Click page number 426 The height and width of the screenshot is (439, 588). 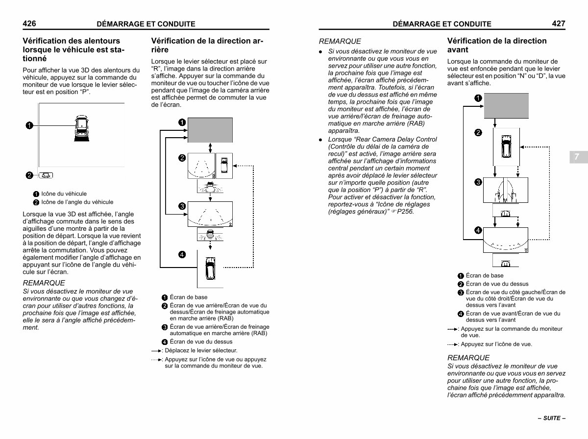click(x=29, y=23)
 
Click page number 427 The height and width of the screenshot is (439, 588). click(x=558, y=23)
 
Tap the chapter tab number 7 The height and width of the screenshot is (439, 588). click(x=577, y=157)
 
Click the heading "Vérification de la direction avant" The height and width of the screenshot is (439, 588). click(x=497, y=45)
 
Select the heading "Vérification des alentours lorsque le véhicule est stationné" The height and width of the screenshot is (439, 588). click(x=73, y=49)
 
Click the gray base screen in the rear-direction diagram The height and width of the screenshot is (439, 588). click(x=210, y=130)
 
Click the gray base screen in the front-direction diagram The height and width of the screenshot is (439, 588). click(x=506, y=106)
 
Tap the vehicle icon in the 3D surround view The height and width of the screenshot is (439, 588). click(x=81, y=127)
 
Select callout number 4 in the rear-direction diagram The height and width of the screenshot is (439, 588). click(x=182, y=254)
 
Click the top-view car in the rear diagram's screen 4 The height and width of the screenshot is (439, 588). click(x=210, y=267)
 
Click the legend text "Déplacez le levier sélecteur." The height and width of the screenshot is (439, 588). click(x=201, y=350)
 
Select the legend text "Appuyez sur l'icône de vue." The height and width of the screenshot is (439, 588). click(x=496, y=344)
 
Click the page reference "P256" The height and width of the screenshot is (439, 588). click(x=406, y=212)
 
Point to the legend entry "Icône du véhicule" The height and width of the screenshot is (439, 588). click(x=64, y=194)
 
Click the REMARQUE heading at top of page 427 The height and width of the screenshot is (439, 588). click(x=340, y=41)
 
